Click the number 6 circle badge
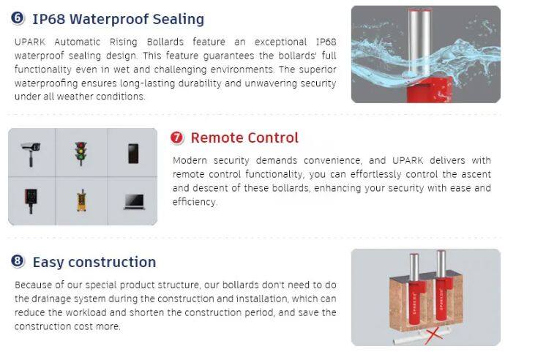pyautogui.click(x=18, y=18)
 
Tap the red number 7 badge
pyautogui.click(x=176, y=138)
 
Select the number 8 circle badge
pyautogui.click(x=18, y=261)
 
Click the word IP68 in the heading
pyautogui.click(x=48, y=19)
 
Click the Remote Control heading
pyautogui.click(x=244, y=138)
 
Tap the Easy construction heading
pyautogui.click(x=94, y=262)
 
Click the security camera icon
pyautogui.click(x=31, y=154)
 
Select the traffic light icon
pyautogui.click(x=81, y=154)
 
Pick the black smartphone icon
pyautogui.click(x=133, y=154)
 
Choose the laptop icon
pyautogui.click(x=134, y=202)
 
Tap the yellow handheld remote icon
pyautogui.click(x=81, y=200)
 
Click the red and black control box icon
pyautogui.click(x=31, y=200)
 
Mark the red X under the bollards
pyautogui.click(x=434, y=335)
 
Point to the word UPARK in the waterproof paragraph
pyautogui.click(x=30, y=42)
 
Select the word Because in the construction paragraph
pyautogui.click(x=31, y=285)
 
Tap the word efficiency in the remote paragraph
pyautogui.click(x=195, y=202)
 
